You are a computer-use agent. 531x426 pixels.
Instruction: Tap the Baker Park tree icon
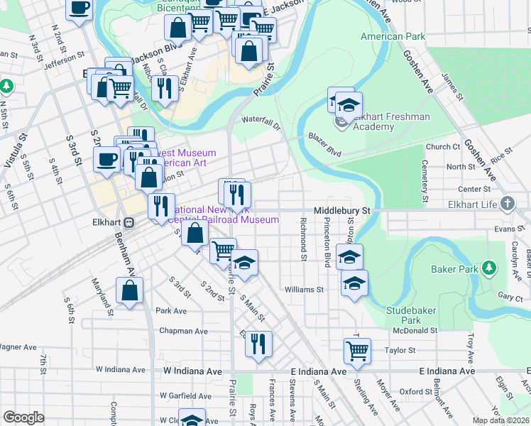(x=488, y=268)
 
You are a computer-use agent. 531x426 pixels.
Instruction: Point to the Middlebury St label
(x=343, y=211)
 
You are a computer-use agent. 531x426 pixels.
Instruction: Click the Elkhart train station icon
(x=129, y=222)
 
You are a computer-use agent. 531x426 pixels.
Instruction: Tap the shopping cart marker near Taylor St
(x=357, y=349)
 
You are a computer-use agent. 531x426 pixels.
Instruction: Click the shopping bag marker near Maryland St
(x=129, y=290)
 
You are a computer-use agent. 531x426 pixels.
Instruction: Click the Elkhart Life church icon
(x=507, y=204)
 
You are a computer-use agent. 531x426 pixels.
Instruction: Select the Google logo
(x=23, y=417)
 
